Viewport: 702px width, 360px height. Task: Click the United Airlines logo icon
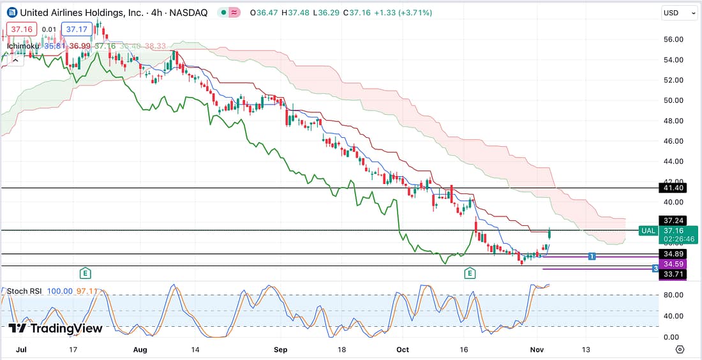12,13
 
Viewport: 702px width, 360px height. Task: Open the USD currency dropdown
680,13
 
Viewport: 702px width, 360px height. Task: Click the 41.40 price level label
674,188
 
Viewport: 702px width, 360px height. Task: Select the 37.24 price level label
674,219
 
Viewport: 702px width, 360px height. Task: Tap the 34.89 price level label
674,254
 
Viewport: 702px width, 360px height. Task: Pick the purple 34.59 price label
674,264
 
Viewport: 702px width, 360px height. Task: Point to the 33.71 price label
674,274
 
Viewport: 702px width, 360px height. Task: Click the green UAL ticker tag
648,230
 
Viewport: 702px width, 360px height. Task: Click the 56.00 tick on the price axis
674,40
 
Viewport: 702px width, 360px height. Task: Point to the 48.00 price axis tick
674,121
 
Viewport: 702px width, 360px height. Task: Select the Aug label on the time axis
140,350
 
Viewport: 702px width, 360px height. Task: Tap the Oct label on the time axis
402,350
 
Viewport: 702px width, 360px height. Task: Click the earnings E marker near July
85,273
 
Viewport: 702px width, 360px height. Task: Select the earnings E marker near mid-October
470,273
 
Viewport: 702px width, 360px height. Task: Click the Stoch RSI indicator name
24,291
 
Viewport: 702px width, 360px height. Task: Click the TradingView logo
56,328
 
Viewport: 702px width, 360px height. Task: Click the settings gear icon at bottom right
680,350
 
